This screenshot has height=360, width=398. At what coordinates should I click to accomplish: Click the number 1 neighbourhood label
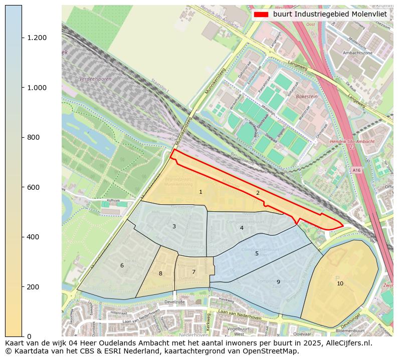click(x=201, y=192)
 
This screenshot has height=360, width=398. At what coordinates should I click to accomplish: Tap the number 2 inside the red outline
click(x=258, y=193)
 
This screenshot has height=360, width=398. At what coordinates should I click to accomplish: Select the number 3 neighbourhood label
click(x=174, y=227)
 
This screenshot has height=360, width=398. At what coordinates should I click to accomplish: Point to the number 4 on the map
click(x=242, y=228)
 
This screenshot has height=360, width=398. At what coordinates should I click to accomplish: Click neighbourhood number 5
click(x=257, y=254)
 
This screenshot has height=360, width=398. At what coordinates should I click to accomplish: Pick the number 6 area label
click(x=122, y=266)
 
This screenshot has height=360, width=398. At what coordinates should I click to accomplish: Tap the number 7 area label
click(x=193, y=272)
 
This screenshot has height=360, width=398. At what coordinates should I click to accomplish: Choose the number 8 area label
click(x=160, y=274)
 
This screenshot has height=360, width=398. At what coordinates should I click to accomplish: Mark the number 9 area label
click(x=278, y=282)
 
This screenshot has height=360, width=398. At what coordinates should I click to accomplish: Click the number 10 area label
click(x=340, y=284)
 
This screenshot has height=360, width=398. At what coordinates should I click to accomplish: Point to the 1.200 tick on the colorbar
click(x=37, y=38)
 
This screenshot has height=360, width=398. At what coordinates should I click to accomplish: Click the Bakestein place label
click(x=307, y=96)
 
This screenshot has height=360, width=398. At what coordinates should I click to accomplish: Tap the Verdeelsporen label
click(x=95, y=79)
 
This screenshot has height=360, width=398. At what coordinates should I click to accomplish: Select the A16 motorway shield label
click(x=356, y=170)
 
